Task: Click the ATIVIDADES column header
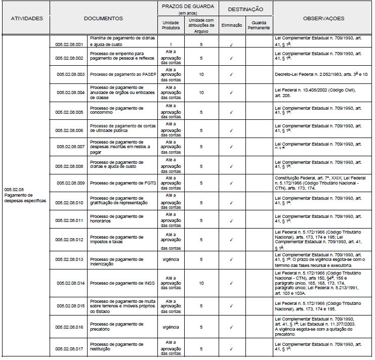(27, 19)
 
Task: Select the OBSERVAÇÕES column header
(323, 19)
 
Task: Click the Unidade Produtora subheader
(171, 26)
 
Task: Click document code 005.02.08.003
(70, 74)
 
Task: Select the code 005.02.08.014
(70, 284)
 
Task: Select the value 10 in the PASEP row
(201, 74)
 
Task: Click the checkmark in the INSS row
(231, 284)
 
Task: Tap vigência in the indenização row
(171, 259)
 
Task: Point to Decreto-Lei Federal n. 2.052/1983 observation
(321, 74)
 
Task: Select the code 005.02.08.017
(70, 349)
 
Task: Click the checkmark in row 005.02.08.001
(231, 44)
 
